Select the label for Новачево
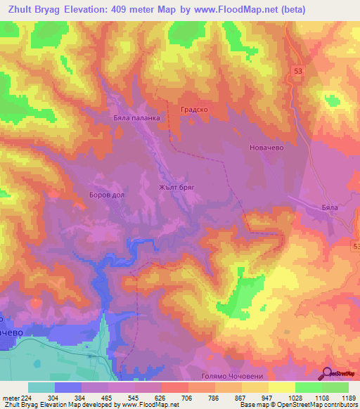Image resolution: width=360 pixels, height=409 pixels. (265, 148)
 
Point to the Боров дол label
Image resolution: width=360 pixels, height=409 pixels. (107, 196)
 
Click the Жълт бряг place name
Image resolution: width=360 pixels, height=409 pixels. (176, 188)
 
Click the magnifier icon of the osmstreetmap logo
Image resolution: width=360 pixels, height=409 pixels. (328, 373)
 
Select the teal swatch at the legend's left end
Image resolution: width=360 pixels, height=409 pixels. (41, 387)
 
